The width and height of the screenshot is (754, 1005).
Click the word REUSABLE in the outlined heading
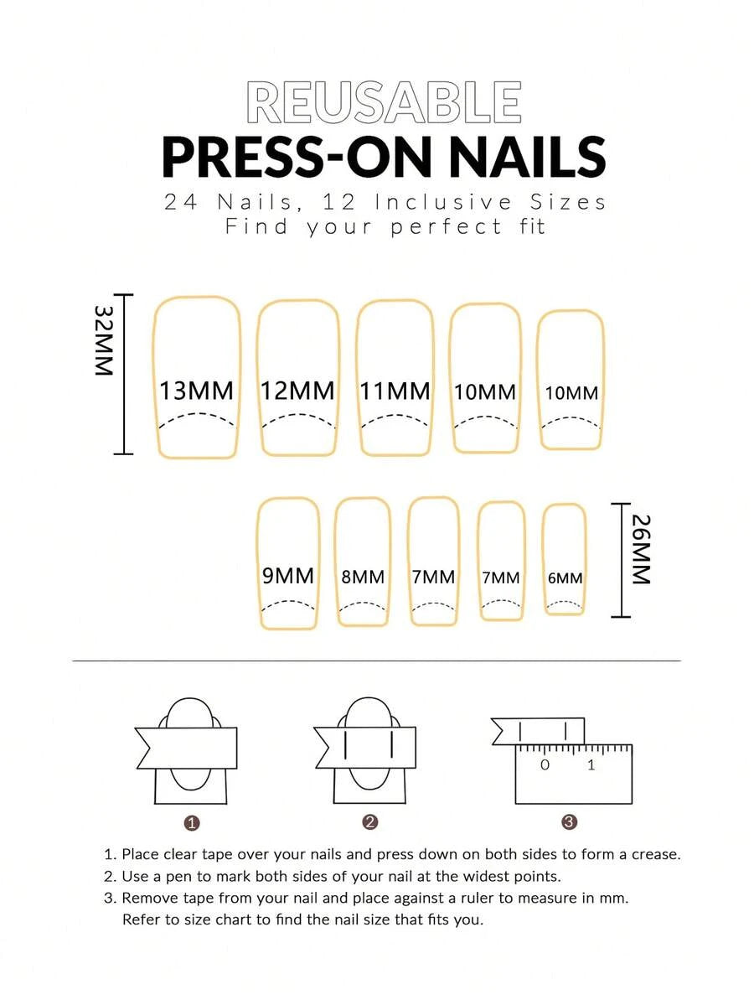click(383, 102)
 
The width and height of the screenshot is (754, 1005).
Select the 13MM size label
click(196, 391)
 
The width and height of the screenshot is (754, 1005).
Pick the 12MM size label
click(298, 391)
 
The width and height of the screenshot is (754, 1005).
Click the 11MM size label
click(395, 391)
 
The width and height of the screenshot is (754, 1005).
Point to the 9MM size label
click(288, 576)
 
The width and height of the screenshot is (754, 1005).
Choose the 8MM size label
click(363, 578)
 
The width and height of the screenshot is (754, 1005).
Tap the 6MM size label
click(565, 578)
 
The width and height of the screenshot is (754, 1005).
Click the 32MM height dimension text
click(104, 340)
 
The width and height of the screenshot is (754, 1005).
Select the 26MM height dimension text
click(641, 549)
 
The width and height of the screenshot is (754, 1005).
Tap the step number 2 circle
click(369, 822)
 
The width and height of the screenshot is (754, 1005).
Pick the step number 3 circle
click(569, 821)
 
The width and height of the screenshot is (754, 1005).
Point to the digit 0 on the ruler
click(545, 764)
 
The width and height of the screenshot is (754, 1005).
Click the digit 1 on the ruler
click(591, 764)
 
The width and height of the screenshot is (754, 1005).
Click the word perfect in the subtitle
click(446, 227)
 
